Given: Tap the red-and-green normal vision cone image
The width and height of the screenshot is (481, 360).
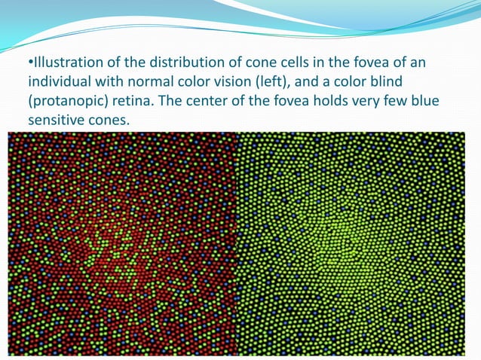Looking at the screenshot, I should (x=122, y=243).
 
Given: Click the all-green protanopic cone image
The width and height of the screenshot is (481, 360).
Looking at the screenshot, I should (x=351, y=243).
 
